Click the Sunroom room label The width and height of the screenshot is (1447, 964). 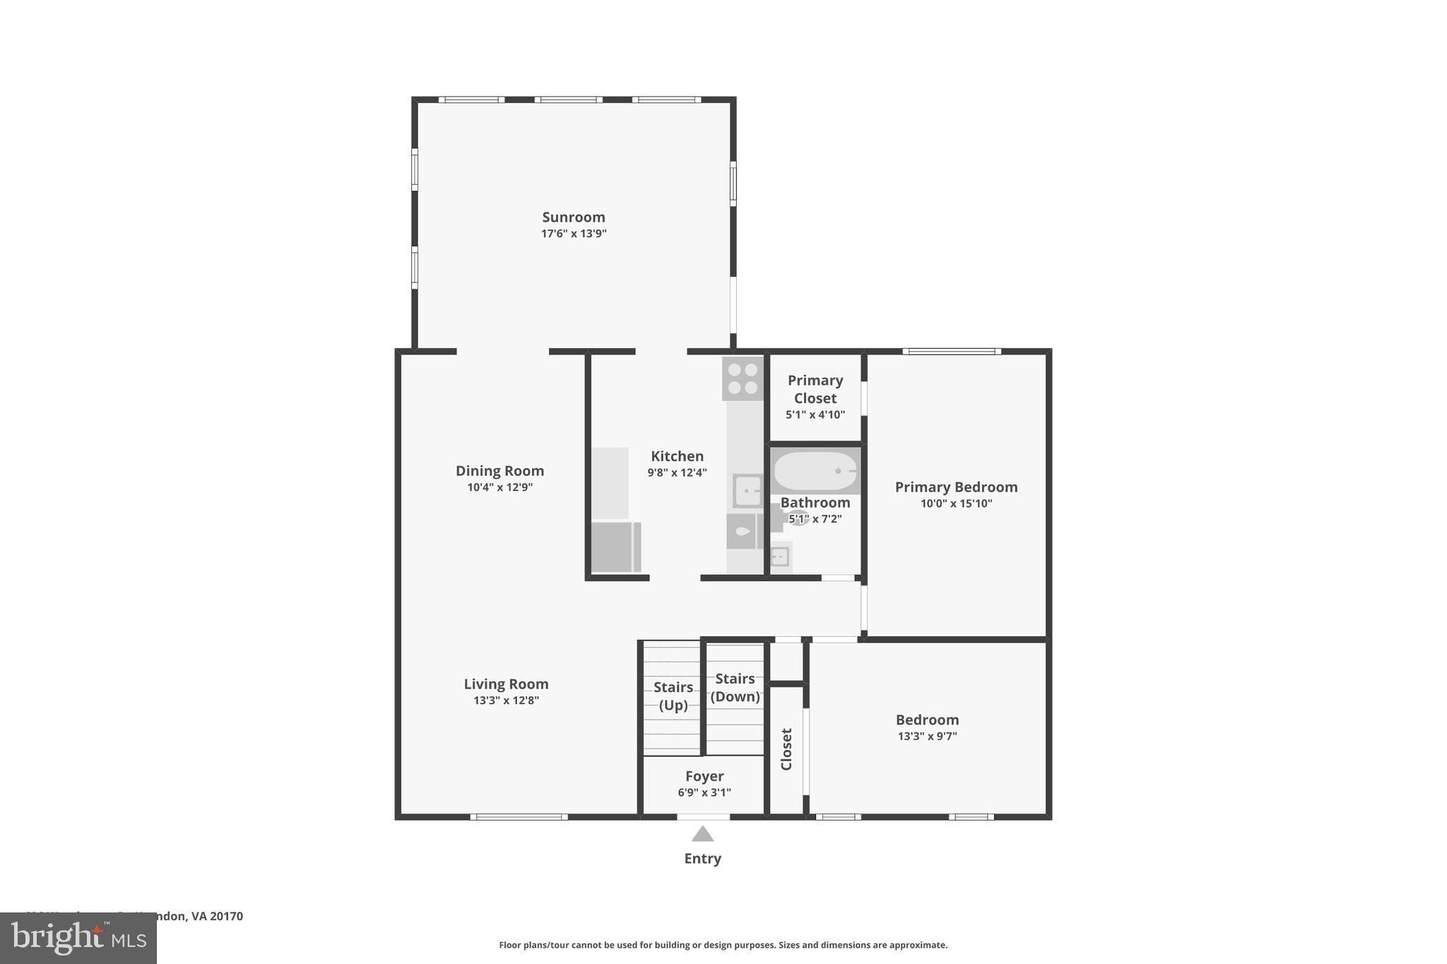[x=573, y=217]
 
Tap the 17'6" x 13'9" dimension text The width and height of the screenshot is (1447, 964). [x=573, y=234]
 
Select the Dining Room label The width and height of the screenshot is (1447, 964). [x=500, y=470]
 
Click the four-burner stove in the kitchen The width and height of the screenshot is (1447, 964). [x=743, y=379]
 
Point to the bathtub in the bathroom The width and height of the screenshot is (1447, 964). [x=815, y=471]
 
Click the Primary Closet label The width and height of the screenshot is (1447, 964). [x=815, y=389]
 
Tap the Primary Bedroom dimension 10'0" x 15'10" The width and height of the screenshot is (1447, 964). [x=956, y=504]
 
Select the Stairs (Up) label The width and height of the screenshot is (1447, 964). [x=673, y=696]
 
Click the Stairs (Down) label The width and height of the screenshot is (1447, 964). [x=735, y=687]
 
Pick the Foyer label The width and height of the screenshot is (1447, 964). [x=704, y=776]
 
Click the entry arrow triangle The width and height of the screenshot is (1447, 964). [x=702, y=835]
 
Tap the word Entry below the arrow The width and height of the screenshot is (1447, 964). [x=702, y=859]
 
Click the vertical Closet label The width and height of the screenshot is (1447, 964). [x=786, y=749]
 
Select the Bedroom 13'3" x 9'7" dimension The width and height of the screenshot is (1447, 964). [x=927, y=736]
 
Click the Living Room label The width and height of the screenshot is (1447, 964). [x=506, y=684]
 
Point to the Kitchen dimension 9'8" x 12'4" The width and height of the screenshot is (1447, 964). [x=677, y=473]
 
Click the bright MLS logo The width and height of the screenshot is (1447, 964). [x=78, y=938]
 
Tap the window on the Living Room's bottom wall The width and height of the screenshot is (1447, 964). [x=519, y=817]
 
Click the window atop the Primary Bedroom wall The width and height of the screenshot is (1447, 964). [x=951, y=351]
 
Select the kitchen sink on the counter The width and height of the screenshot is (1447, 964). [x=748, y=491]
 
